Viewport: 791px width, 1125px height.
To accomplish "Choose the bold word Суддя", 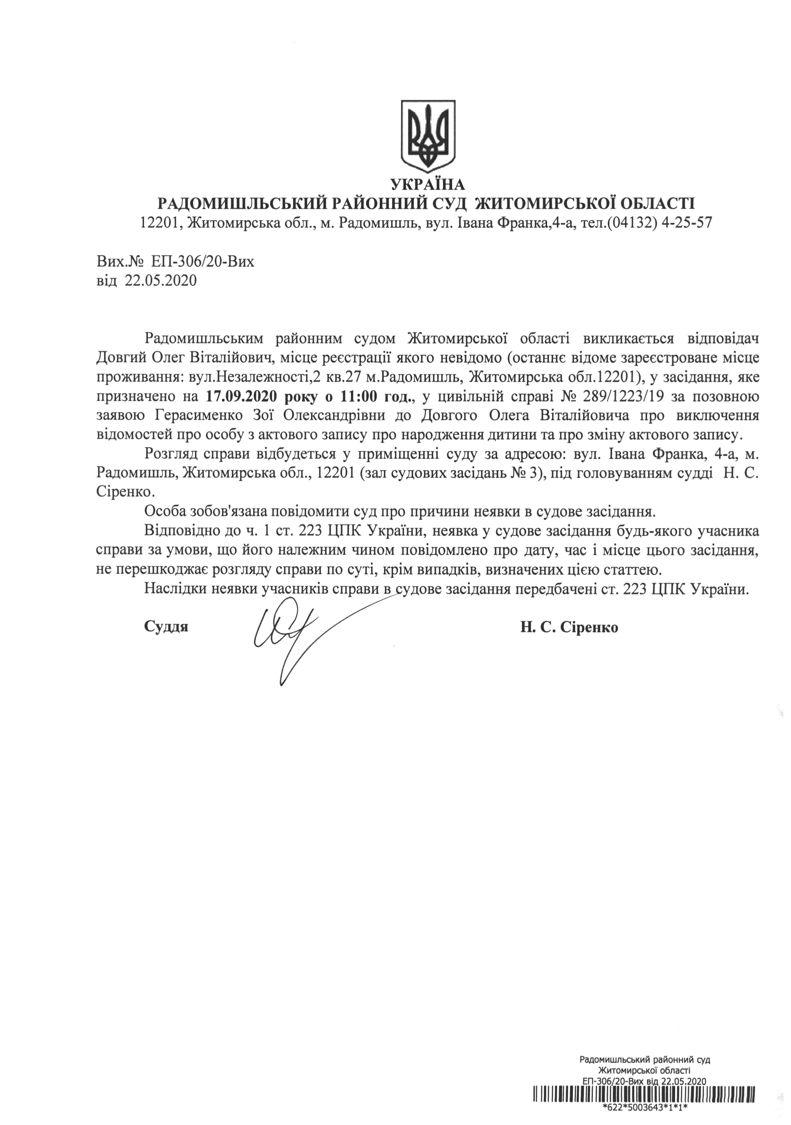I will [x=167, y=627].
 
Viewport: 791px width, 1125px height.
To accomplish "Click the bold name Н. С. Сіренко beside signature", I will [x=569, y=627].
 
